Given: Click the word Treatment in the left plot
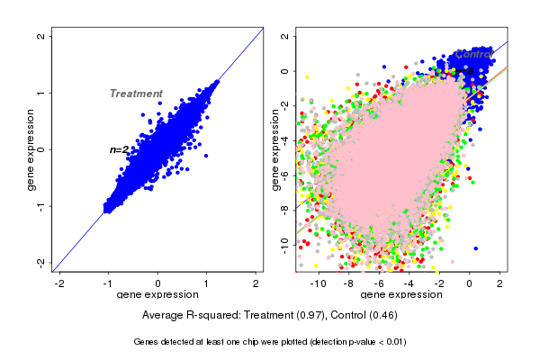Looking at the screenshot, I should (x=136, y=94).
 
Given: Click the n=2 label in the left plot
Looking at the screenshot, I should (x=119, y=149).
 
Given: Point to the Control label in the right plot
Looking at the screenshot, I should (x=472, y=54).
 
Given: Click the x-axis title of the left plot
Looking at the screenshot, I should (x=157, y=295).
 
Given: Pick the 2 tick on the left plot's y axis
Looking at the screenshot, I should (x=41, y=37).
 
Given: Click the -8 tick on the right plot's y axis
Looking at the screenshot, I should (x=284, y=208).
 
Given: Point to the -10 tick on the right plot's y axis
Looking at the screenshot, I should (x=284, y=242).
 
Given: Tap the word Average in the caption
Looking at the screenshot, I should (x=163, y=316).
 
